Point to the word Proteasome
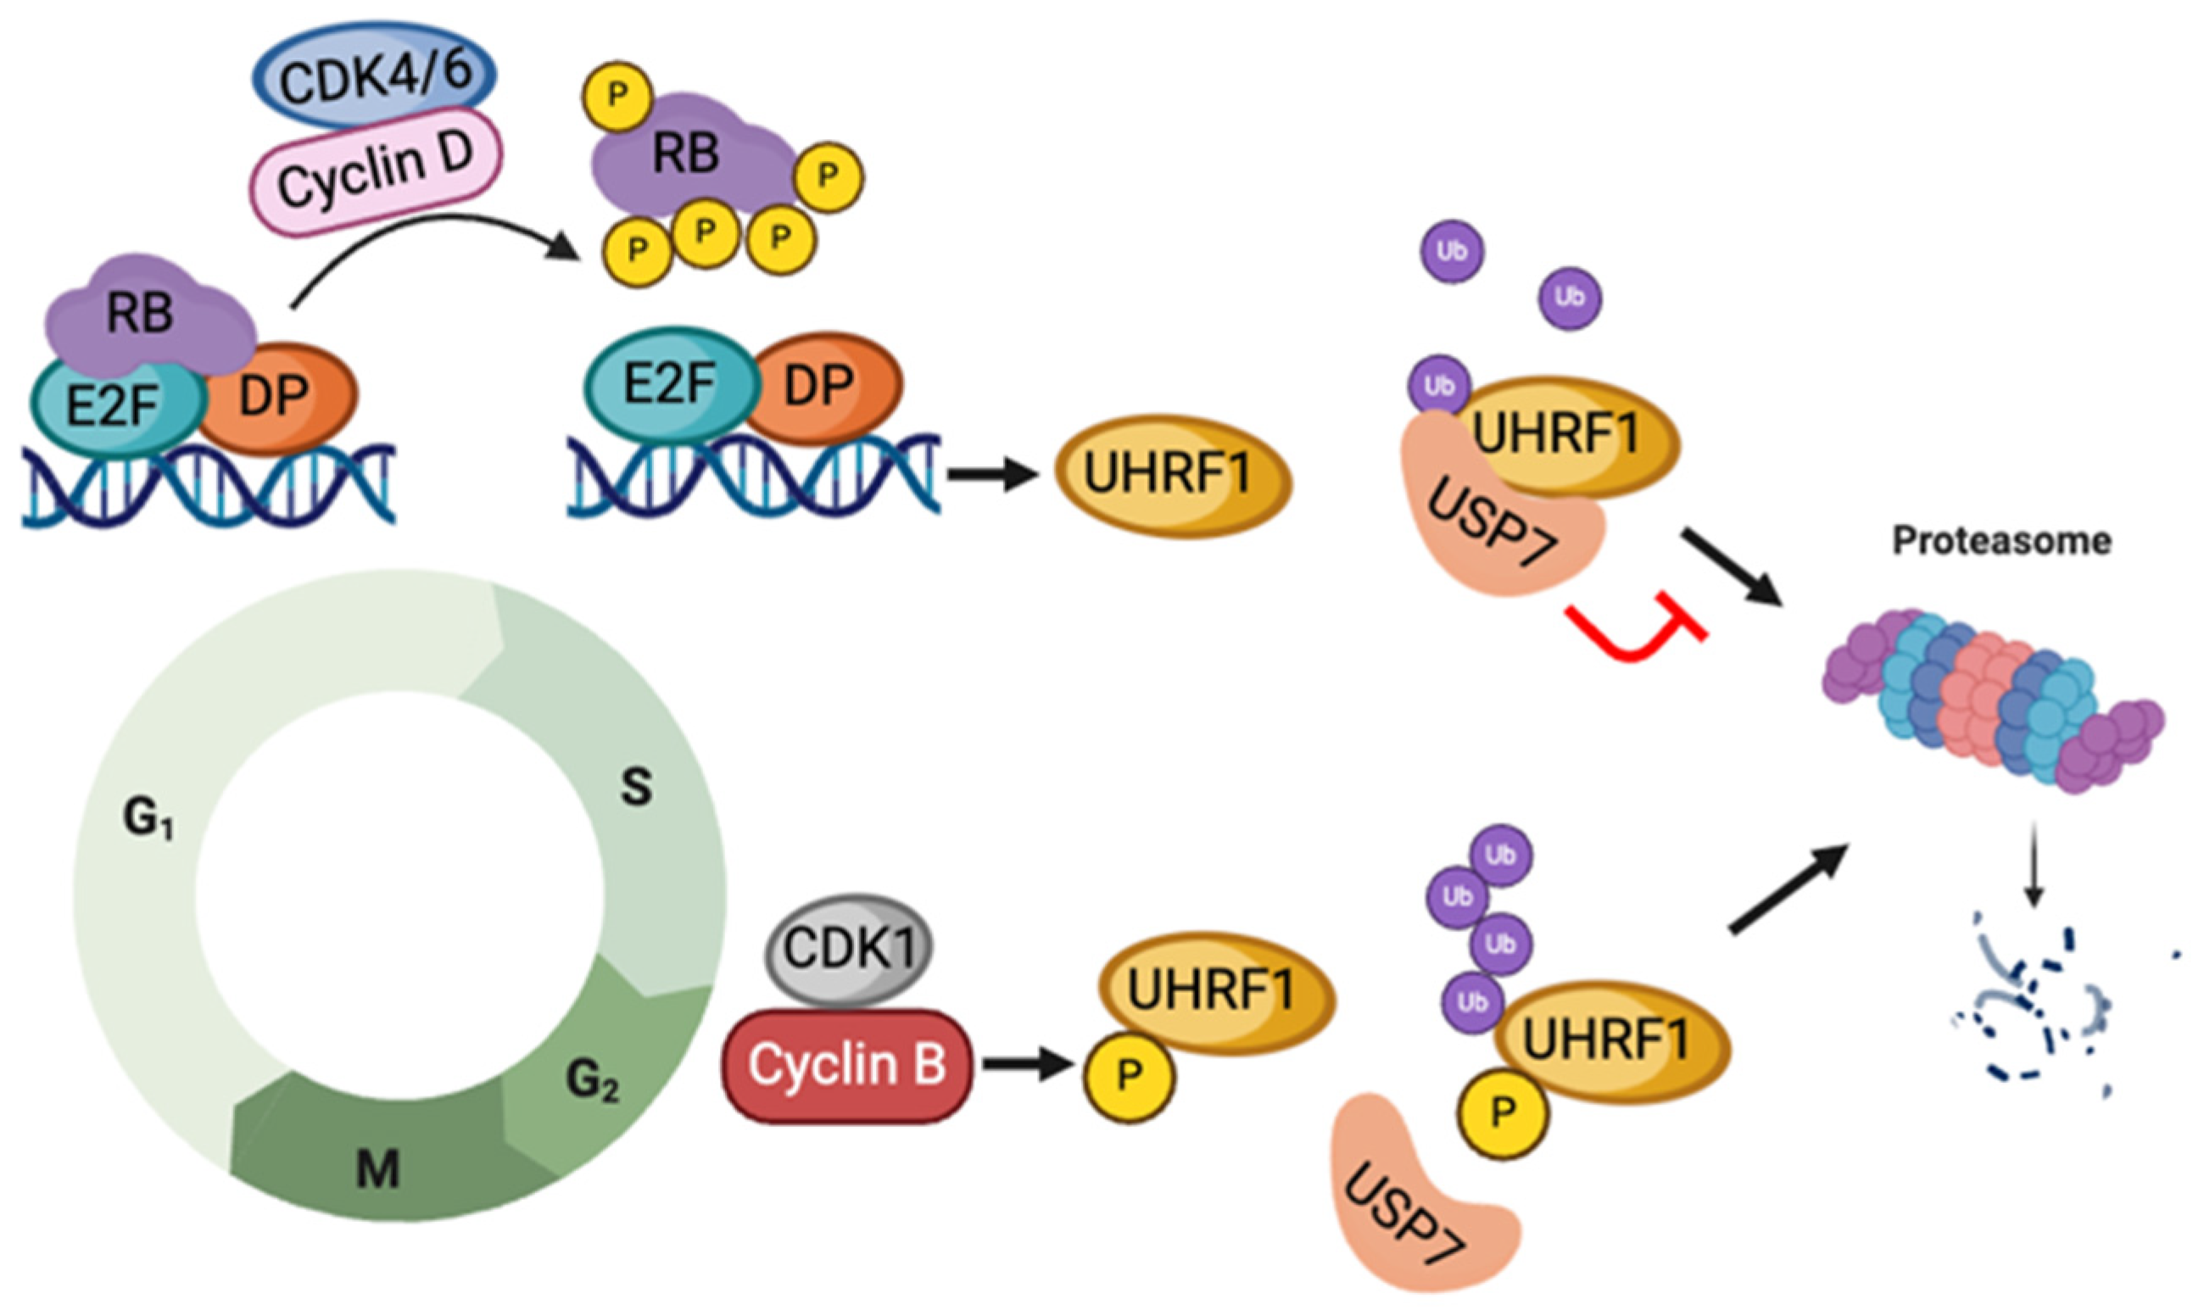(x=2001, y=540)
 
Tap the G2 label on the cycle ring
(x=592, y=1080)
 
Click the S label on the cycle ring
(x=635, y=788)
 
